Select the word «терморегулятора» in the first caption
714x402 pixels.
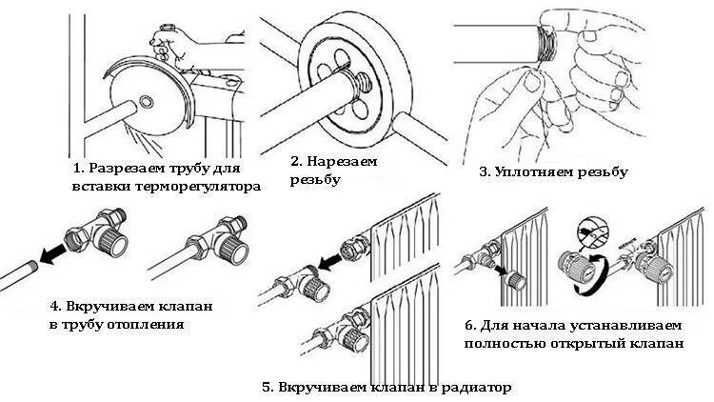click(199, 187)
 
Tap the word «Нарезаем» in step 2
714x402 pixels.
click(344, 161)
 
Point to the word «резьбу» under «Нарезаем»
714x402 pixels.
click(315, 179)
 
